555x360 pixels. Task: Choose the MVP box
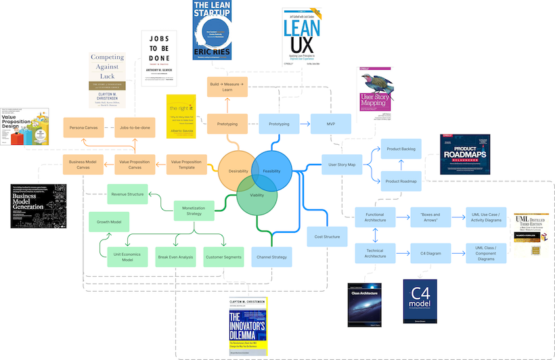(x=331, y=124)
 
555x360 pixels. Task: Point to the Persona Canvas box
(x=83, y=127)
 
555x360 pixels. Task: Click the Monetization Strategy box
(x=194, y=210)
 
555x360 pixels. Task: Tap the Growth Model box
(x=109, y=222)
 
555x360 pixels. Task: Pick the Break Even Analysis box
(x=176, y=257)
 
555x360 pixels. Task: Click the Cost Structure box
(x=327, y=236)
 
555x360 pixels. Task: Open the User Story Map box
(x=342, y=164)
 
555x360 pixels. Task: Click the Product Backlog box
(x=401, y=148)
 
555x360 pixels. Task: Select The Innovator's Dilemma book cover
(x=248, y=325)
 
